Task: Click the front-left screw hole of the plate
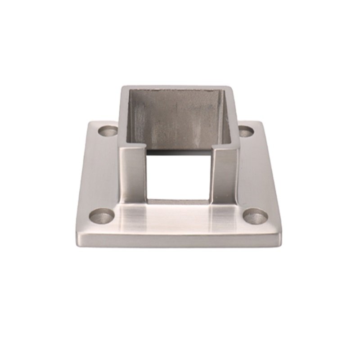[101, 216]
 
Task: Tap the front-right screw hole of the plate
[255, 216]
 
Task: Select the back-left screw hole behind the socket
[108, 131]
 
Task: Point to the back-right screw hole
[246, 131]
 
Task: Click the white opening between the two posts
[178, 175]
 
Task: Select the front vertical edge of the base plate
[179, 240]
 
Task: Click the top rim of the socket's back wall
[178, 87]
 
